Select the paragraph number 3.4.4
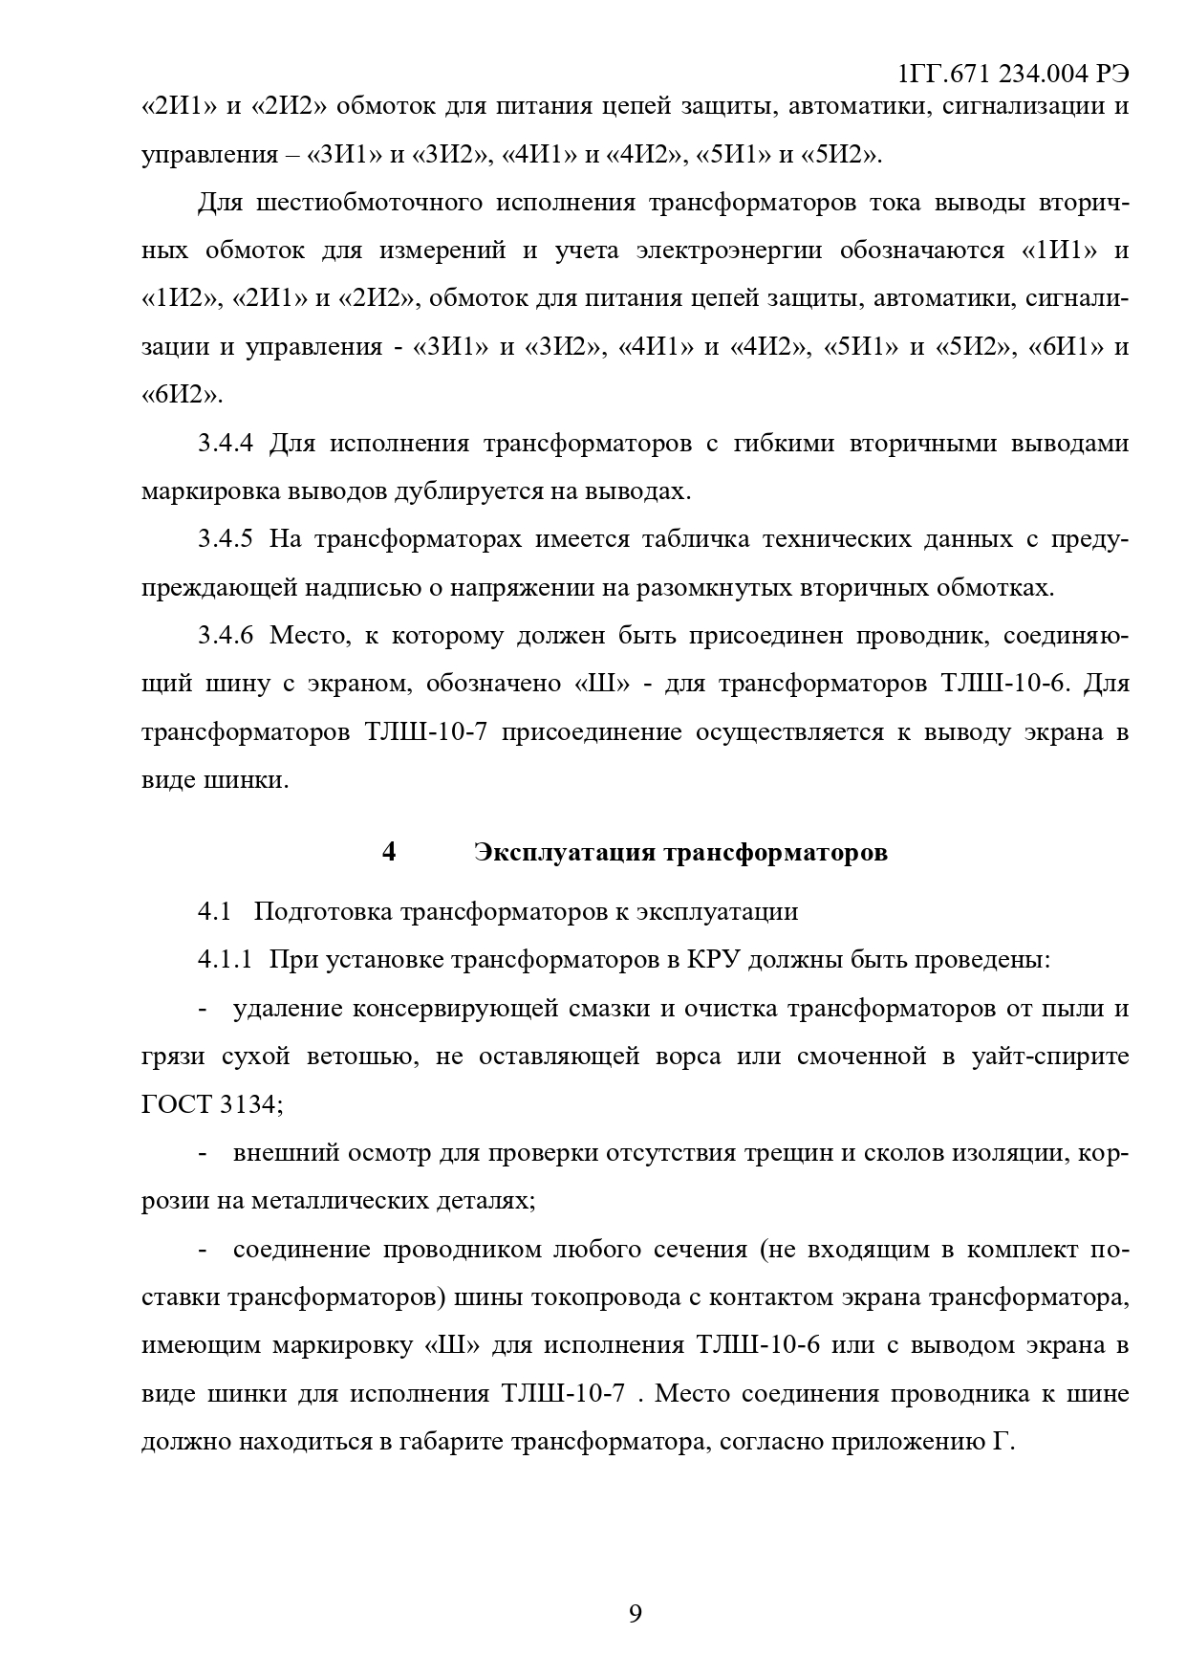click(226, 444)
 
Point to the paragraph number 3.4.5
click(226, 539)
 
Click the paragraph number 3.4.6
click(226, 636)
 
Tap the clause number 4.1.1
click(226, 959)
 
